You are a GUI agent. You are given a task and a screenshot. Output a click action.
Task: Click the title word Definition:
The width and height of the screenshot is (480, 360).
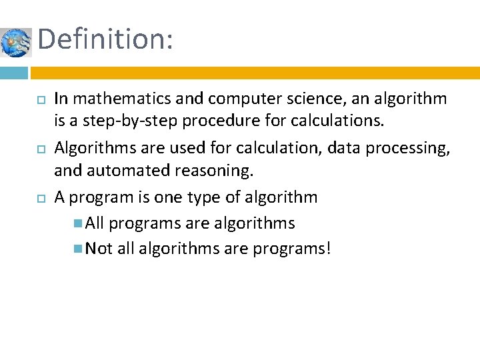pos(105,39)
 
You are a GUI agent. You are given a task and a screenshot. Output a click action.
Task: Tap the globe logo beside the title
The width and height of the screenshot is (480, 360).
pos(15,43)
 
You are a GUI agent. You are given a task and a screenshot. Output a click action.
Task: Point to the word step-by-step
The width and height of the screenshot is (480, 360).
pos(123,121)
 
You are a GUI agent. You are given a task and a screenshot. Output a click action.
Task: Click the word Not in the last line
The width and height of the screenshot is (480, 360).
pos(99,249)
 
